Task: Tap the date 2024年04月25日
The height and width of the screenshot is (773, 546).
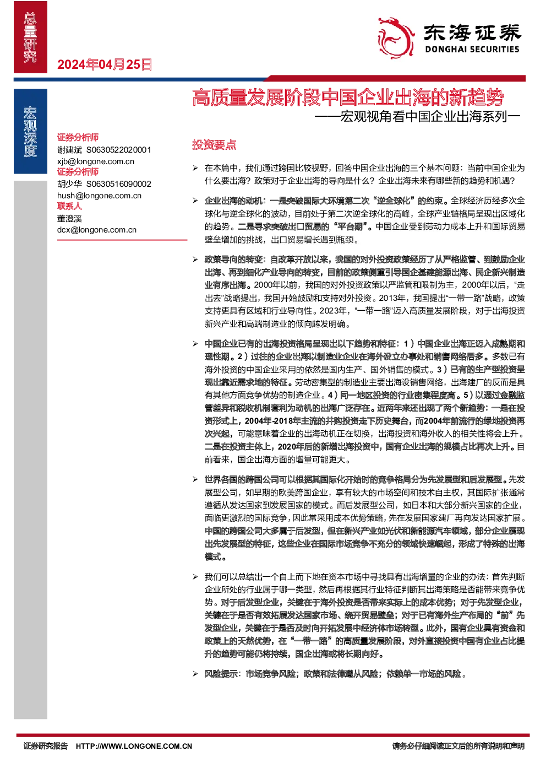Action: pyautogui.click(x=105, y=64)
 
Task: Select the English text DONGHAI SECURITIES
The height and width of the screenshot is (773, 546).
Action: pyautogui.click(x=472, y=50)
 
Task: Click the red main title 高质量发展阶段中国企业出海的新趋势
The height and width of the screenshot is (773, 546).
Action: pyautogui.click(x=348, y=97)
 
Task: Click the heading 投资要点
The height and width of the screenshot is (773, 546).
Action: pyautogui.click(x=214, y=144)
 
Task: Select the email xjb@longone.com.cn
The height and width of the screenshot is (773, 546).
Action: pyautogui.click(x=96, y=161)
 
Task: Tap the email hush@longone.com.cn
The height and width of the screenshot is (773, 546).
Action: pyautogui.click(x=99, y=196)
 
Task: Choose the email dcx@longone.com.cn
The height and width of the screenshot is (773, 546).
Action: pyautogui.click(x=97, y=230)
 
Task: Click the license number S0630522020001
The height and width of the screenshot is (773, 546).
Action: pyautogui.click(x=118, y=150)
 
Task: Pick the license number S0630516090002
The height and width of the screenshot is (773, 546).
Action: pyautogui.click(x=118, y=184)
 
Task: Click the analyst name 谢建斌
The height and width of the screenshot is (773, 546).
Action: pyautogui.click(x=70, y=150)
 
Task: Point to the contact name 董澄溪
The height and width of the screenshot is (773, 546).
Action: pyautogui.click(x=70, y=218)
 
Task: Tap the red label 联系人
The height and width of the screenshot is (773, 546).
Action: pyautogui.click(x=70, y=206)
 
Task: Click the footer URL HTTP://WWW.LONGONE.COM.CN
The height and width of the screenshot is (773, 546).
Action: pyautogui.click(x=134, y=746)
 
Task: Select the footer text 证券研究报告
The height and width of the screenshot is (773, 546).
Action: pyautogui.click(x=46, y=746)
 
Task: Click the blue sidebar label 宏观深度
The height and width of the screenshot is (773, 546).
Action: pyautogui.click(x=30, y=132)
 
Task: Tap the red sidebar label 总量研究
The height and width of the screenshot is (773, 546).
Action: pyautogui.click(x=30, y=37)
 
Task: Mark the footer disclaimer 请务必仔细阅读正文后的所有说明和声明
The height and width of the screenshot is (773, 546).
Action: pyautogui.click(x=458, y=746)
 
